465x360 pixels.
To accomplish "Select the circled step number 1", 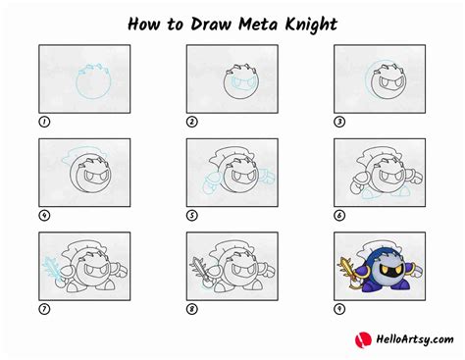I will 44,123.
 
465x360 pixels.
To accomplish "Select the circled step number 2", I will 192,123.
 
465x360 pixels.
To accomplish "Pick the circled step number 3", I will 340,123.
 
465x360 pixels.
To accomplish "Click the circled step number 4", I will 44,216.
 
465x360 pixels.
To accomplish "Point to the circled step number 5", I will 192,216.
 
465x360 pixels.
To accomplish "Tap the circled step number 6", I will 340,216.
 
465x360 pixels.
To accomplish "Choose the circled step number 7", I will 44,310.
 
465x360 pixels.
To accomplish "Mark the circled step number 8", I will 192,310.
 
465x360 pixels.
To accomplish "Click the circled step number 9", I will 340,310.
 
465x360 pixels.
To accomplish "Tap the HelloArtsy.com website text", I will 406,339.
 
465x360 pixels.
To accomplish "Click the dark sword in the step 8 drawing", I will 201,267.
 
